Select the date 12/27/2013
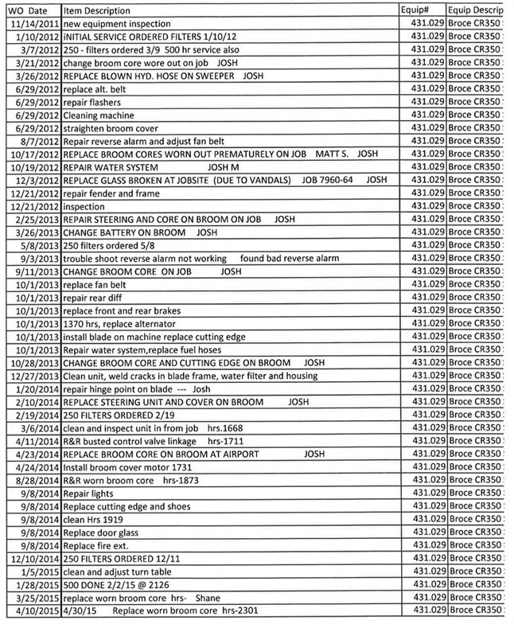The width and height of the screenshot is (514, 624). coord(34,376)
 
